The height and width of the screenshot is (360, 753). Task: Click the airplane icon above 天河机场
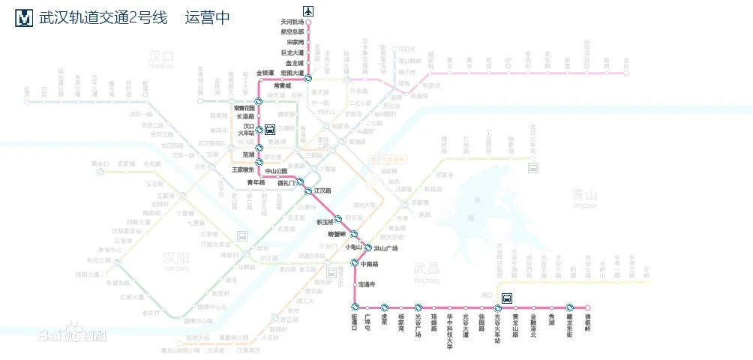pos(307,10)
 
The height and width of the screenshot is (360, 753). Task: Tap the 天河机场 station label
pos(292,22)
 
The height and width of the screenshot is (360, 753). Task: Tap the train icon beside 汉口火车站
pos(270,129)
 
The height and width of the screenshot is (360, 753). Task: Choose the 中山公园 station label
pos(277,171)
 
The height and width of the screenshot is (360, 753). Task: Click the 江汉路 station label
pos(322,191)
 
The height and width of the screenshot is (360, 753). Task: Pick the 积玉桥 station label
pos(328,221)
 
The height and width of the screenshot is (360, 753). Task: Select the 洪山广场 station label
pos(385,248)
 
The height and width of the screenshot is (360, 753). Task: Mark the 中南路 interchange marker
pos(355,263)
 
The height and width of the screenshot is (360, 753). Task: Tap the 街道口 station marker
pos(355,307)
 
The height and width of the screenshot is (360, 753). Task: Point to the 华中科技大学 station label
pos(449,331)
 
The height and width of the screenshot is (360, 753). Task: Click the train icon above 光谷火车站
pos(507,297)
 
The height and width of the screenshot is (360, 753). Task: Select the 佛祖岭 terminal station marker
pos(588,307)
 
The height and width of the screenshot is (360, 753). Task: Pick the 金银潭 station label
pos(269,73)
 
